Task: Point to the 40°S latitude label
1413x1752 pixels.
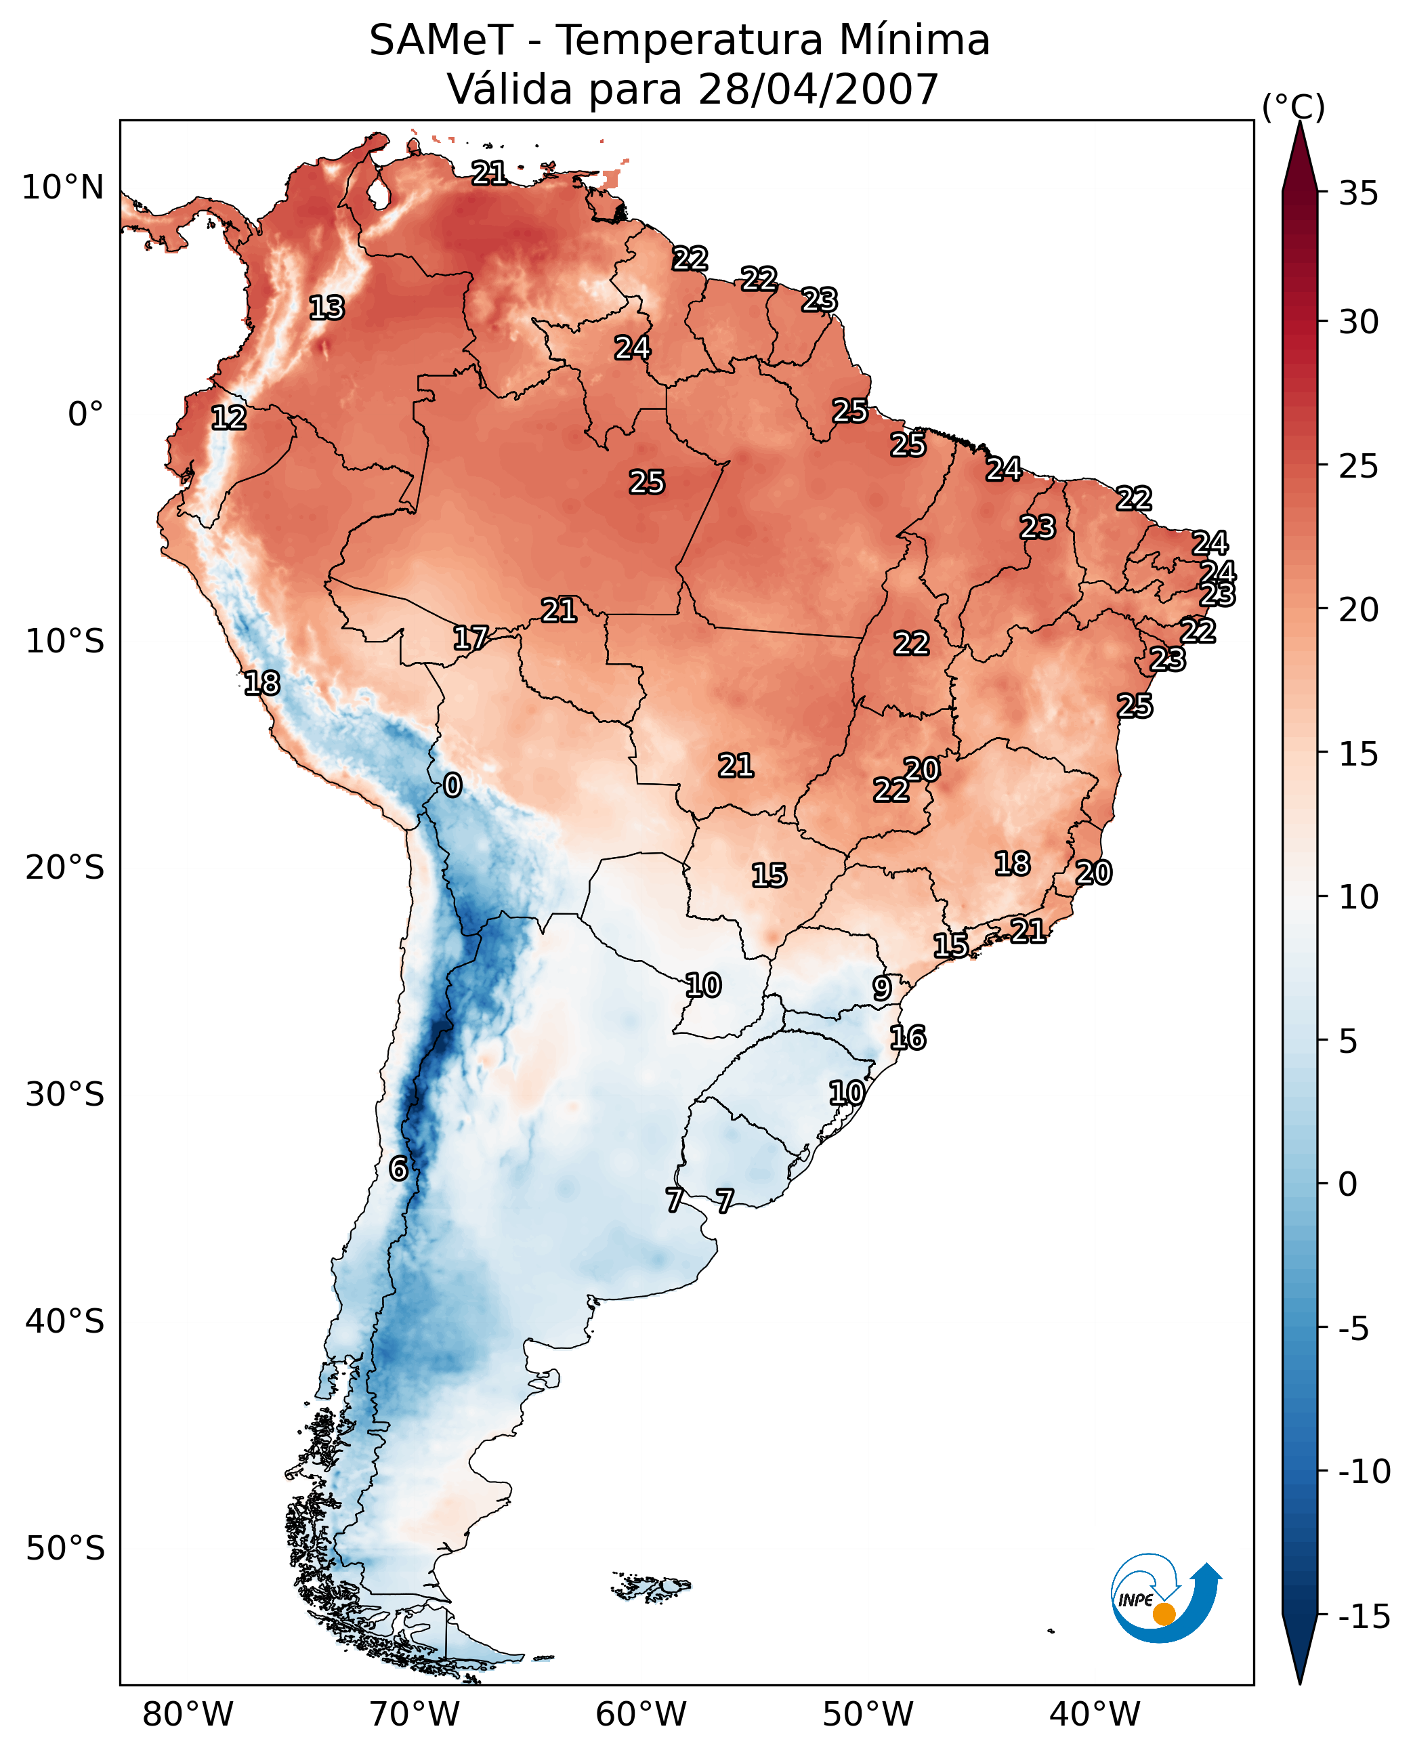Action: click(65, 1320)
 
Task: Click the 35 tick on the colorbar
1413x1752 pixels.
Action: click(1358, 194)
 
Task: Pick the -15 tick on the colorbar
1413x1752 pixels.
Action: click(1364, 1616)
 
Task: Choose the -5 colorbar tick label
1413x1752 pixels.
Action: click(1358, 1328)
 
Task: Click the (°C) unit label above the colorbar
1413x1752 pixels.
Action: click(1293, 106)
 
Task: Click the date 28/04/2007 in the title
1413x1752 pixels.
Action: click(818, 89)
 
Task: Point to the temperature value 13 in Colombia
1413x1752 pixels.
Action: click(327, 308)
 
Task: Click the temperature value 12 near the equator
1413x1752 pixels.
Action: click(229, 417)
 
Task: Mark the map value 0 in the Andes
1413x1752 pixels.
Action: click(452, 785)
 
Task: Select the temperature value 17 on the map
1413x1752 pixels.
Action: click(471, 638)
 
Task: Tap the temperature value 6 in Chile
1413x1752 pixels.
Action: click(398, 1168)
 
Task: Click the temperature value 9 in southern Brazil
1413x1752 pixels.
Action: click(881, 988)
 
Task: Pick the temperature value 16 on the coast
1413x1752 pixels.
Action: click(908, 1038)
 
